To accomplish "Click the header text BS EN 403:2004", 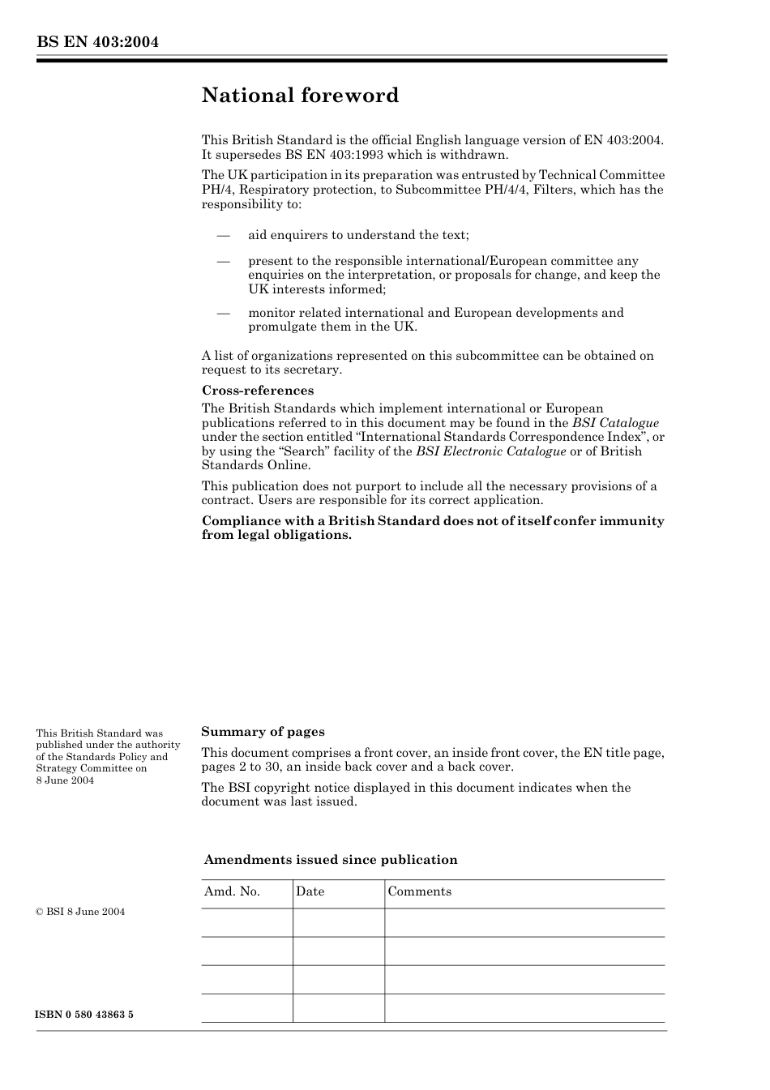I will pyautogui.click(x=97, y=42).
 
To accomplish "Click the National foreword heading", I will pyautogui.click(x=300, y=96).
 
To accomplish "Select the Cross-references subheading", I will pyautogui.click(x=258, y=391).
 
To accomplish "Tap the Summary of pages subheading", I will pyautogui.click(x=263, y=732).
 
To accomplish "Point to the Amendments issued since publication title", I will pyautogui.click(x=331, y=860).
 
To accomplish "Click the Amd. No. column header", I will pyautogui.click(x=232, y=891).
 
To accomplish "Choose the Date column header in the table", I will pyautogui.click(x=310, y=891).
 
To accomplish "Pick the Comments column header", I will pyautogui.click(x=419, y=891).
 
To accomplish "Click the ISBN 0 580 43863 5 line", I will pyautogui.click(x=85, y=1015).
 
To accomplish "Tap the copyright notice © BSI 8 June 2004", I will pyautogui.click(x=80, y=912).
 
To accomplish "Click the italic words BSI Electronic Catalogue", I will pyautogui.click(x=490, y=451).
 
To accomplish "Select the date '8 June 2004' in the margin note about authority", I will pyautogui.click(x=65, y=780).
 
